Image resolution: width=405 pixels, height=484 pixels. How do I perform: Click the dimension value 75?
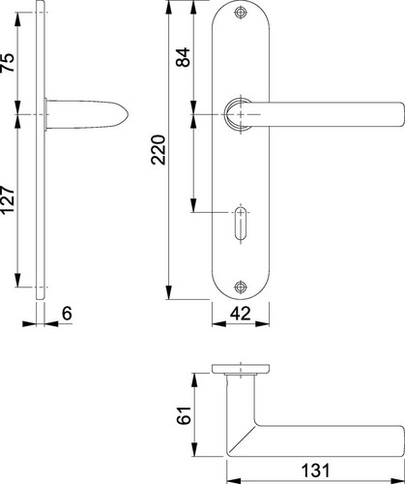(x=8, y=62)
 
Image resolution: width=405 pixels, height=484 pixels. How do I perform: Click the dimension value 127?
(x=8, y=199)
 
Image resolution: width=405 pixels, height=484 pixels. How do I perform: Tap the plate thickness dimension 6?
(x=67, y=314)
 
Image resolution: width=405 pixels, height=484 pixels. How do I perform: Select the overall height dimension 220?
(x=159, y=150)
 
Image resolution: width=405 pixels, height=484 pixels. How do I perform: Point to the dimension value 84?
(x=183, y=57)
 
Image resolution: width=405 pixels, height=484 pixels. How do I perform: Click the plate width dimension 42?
(x=240, y=314)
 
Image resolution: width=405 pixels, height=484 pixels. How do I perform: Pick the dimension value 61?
(x=185, y=415)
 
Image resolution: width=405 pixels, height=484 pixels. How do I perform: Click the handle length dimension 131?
(x=315, y=470)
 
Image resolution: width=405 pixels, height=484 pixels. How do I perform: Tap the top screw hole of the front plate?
(x=240, y=13)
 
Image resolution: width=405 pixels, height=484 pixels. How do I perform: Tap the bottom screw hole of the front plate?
(x=240, y=287)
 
